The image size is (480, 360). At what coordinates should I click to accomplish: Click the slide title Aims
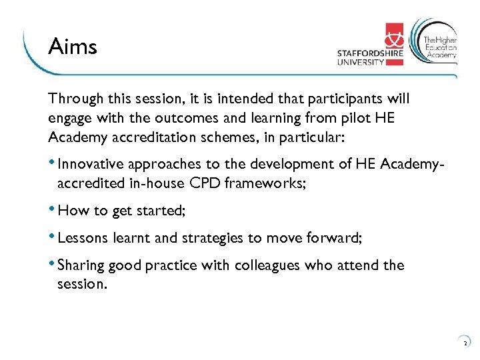(73, 47)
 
